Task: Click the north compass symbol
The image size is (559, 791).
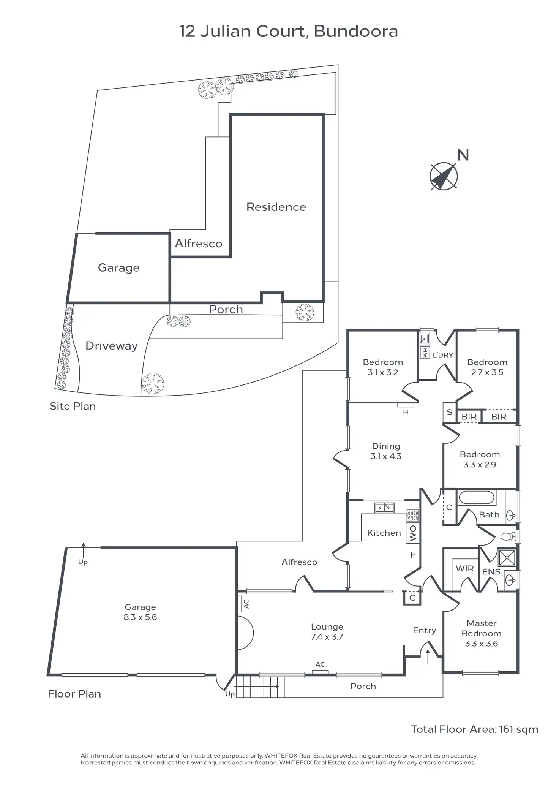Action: [x=444, y=176]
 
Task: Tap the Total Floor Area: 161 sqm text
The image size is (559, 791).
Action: [x=474, y=729]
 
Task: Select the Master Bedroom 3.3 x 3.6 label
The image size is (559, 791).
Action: [x=481, y=633]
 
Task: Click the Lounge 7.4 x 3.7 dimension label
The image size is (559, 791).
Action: [x=327, y=632]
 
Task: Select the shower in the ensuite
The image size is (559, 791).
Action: [x=507, y=558]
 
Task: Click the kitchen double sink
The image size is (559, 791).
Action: [x=384, y=507]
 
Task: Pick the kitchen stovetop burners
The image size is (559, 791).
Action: [x=413, y=516]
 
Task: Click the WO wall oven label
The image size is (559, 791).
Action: [x=413, y=533]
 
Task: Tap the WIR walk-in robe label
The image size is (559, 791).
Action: [x=464, y=568]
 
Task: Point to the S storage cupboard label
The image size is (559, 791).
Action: [x=449, y=412]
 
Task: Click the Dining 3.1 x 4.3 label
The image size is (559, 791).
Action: [x=386, y=451]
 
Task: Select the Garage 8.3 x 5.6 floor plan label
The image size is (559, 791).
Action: [x=140, y=612]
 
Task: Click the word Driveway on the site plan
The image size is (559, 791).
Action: [x=111, y=346]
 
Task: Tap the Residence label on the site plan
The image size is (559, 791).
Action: [x=276, y=207]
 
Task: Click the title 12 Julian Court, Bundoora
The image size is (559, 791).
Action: [x=288, y=31]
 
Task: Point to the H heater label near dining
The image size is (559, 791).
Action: [x=406, y=412]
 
